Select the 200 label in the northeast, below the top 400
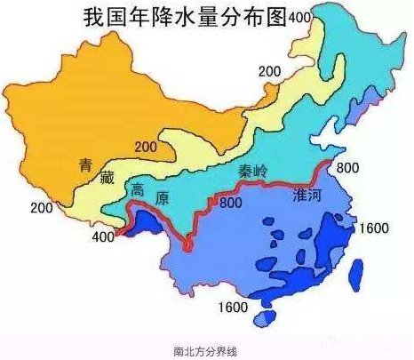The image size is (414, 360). tap(269, 70)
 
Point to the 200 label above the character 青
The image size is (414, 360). tap(147, 147)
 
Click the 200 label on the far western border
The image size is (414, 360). tap(41, 208)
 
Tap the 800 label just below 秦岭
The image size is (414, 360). tap(230, 204)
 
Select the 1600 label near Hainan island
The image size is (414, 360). tap(234, 308)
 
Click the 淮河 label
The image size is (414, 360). tap(307, 202)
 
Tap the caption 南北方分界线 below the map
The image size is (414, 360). tap(207, 350)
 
